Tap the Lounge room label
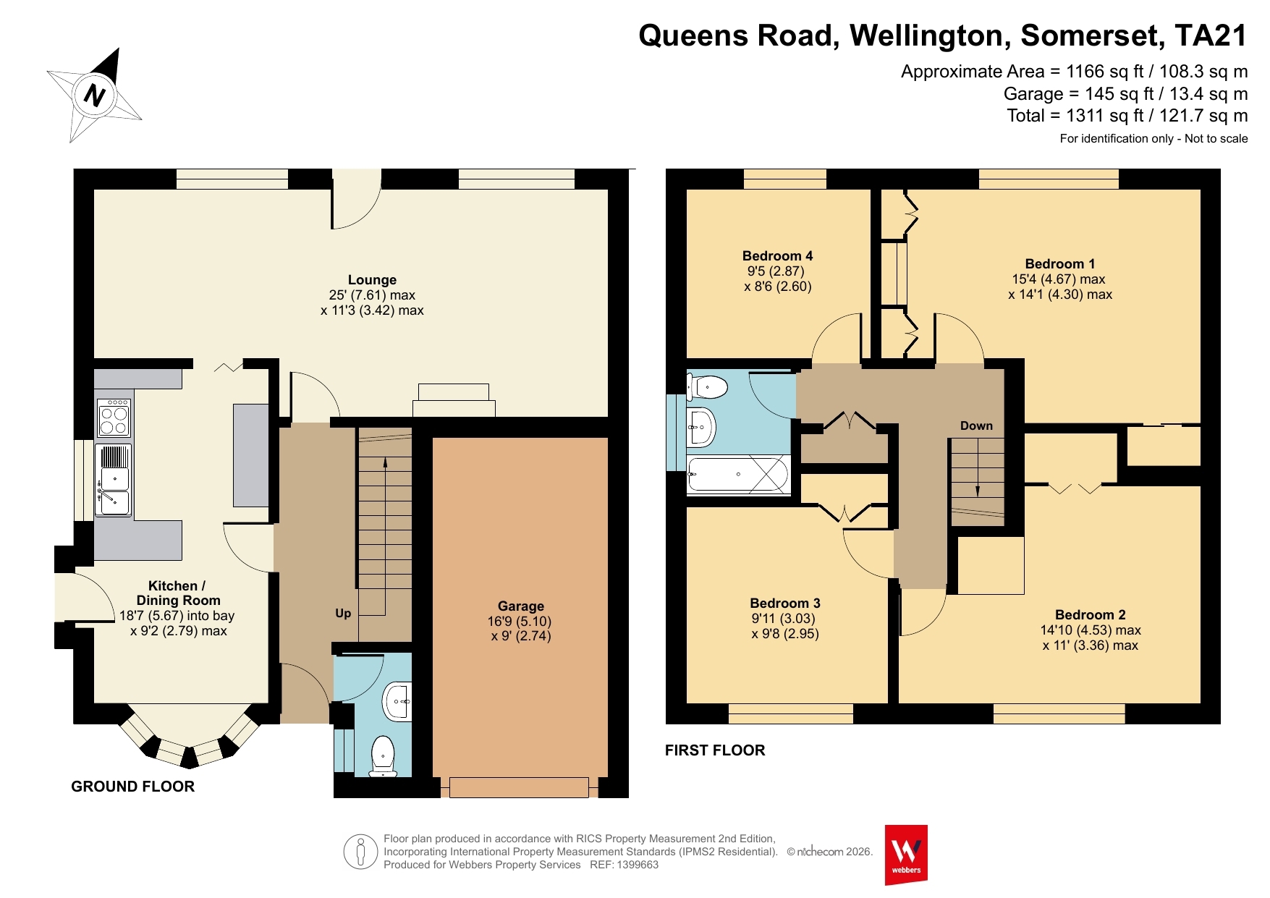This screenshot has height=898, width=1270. click(x=372, y=280)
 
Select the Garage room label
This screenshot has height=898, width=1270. click(x=521, y=606)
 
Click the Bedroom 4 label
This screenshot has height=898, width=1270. click(x=778, y=255)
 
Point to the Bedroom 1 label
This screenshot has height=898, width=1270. click(x=1060, y=263)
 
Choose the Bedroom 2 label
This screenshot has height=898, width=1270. click(x=1091, y=614)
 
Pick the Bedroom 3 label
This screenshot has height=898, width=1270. click(x=785, y=603)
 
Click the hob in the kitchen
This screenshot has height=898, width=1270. click(x=114, y=418)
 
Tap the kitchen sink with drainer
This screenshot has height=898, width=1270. click(x=114, y=480)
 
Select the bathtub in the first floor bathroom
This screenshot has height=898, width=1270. click(x=738, y=474)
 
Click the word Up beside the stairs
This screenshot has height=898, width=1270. click(x=343, y=614)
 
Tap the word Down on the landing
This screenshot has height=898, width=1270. click(x=976, y=425)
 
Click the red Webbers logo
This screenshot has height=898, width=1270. click(x=906, y=855)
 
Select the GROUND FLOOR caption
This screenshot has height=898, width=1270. click(x=133, y=787)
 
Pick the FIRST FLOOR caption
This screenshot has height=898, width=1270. click(x=715, y=750)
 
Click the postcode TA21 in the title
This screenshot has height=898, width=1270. click(x=1211, y=35)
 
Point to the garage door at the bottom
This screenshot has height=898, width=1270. click(x=519, y=787)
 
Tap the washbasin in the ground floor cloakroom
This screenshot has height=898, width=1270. click(x=397, y=701)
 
